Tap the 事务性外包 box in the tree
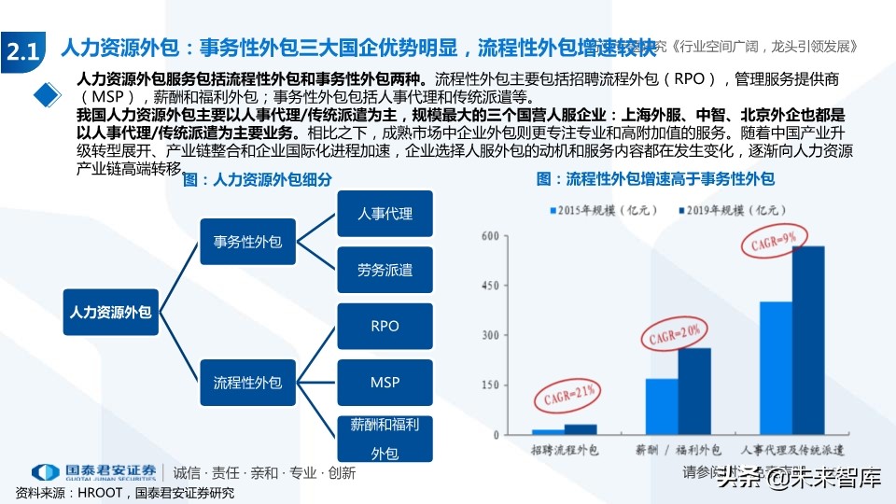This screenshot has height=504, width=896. point(247,242)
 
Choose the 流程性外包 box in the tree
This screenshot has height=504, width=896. point(247,382)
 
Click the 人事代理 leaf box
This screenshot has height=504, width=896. point(385,214)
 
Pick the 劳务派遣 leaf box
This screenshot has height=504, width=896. point(385,271)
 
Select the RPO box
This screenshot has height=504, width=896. point(385,326)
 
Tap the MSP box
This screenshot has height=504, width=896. point(385,383)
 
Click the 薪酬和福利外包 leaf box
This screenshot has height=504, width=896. point(385,439)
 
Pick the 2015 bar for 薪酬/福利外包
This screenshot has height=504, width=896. point(662,406)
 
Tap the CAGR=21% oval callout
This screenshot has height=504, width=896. point(566,397)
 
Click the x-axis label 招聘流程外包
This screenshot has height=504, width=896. point(566,451)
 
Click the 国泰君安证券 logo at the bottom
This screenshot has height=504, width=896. point(94,472)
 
